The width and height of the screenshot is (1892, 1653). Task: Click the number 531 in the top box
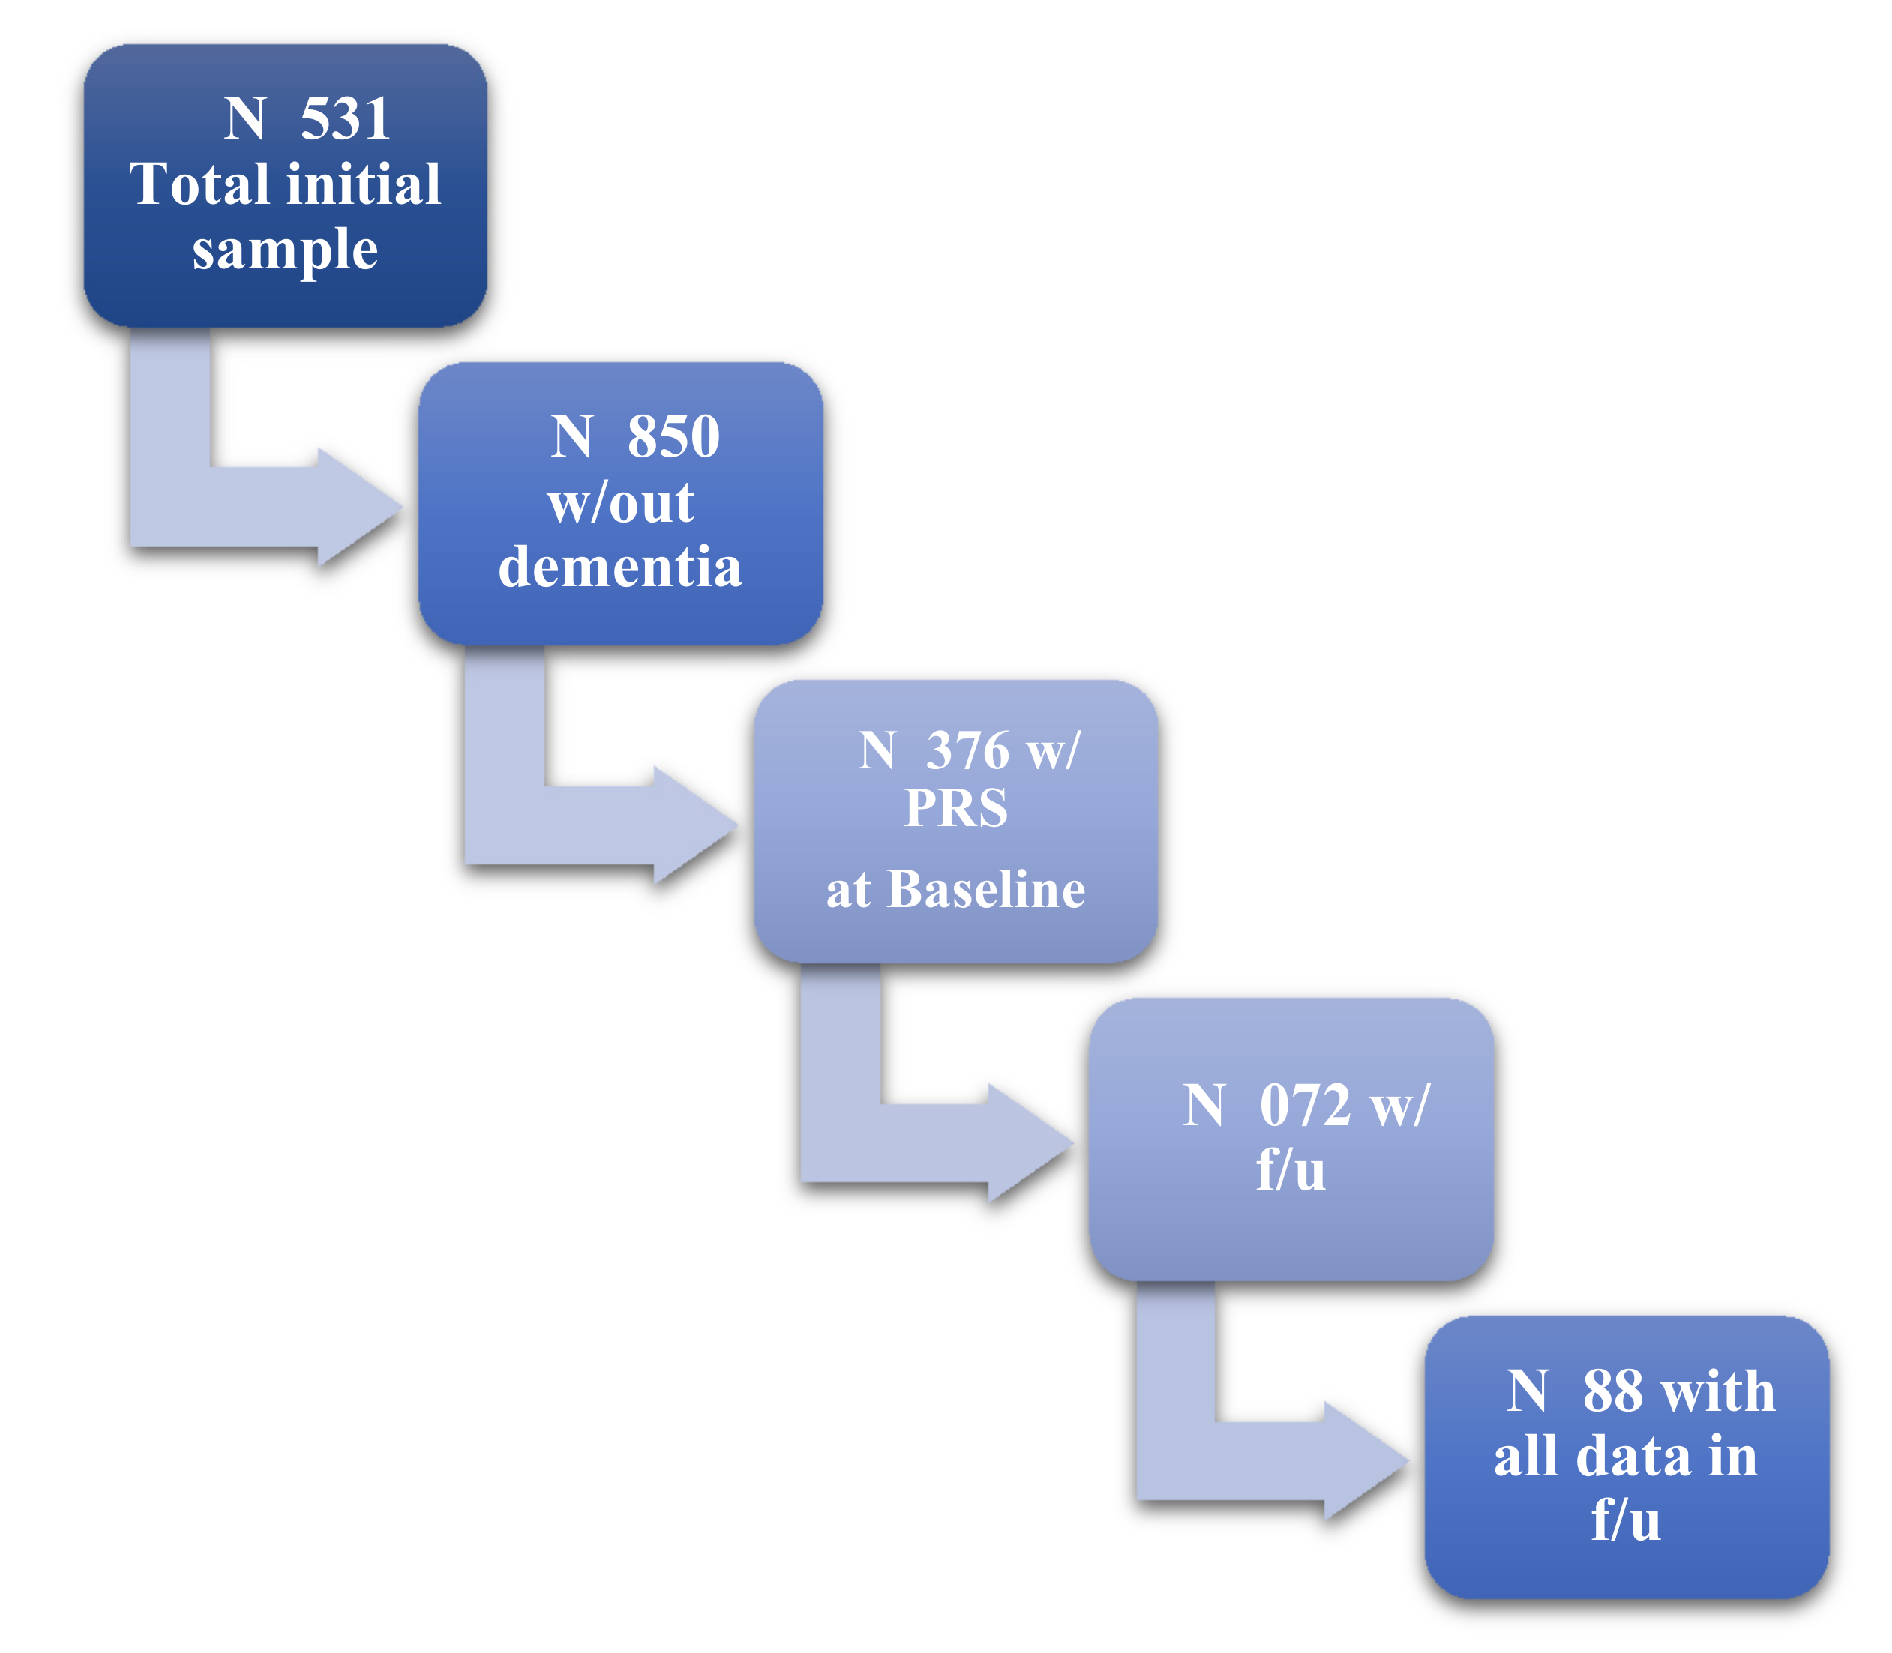345,119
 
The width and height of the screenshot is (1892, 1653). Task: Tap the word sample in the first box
285,249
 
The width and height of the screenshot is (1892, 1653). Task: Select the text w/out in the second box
620,504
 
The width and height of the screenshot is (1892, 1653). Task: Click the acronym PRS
955,808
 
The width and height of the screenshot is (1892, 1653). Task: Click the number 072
1304,1106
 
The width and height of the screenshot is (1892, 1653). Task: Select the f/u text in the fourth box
1291,1172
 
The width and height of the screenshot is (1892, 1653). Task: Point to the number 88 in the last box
1612,1391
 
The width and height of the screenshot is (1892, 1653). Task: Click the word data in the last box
1634,1457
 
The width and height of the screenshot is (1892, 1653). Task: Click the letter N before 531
245,119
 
